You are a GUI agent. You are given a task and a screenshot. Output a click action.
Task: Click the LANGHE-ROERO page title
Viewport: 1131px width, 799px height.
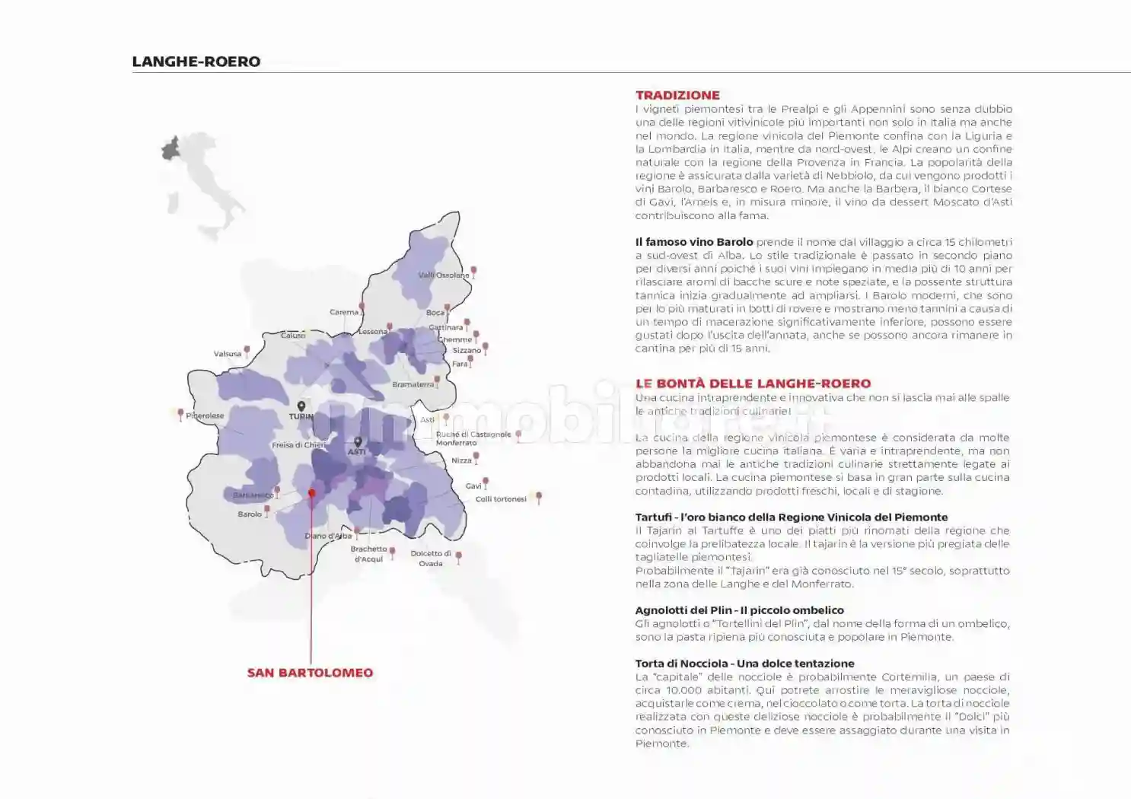click(x=196, y=62)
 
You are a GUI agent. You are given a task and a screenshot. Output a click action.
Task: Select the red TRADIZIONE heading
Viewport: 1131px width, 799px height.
click(x=677, y=95)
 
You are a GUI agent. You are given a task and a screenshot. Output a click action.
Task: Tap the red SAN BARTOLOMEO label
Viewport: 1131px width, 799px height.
click(x=310, y=673)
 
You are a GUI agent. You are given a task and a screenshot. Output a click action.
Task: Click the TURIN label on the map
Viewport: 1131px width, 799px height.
click(x=301, y=416)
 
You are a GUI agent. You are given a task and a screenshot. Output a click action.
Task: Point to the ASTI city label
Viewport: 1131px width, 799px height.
click(x=356, y=451)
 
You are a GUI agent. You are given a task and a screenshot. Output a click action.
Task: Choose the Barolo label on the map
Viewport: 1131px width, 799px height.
click(x=250, y=514)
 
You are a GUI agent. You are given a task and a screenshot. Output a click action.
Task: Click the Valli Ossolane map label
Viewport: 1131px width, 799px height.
click(x=444, y=275)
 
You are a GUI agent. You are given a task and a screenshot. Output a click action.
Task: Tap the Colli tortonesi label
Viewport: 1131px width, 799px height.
click(x=501, y=499)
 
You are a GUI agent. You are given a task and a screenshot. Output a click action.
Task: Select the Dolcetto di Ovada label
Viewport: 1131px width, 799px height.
click(x=431, y=559)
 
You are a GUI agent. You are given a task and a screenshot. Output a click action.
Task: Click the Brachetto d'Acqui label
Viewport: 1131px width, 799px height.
click(x=369, y=554)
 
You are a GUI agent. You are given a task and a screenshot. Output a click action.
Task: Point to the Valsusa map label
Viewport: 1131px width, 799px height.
click(x=228, y=354)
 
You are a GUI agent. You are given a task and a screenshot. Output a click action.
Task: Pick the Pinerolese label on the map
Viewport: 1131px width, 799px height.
click(x=205, y=416)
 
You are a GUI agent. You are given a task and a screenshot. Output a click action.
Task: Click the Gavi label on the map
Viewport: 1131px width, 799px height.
click(x=473, y=486)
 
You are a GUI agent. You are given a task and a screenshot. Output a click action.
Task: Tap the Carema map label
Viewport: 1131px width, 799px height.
click(x=344, y=312)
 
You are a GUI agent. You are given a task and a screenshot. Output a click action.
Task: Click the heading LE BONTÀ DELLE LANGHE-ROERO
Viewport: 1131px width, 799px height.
click(x=753, y=384)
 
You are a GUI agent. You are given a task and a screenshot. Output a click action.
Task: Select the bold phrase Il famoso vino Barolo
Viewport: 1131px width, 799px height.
click(x=694, y=242)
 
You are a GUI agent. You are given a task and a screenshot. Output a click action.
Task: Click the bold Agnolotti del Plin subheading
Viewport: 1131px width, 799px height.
click(x=739, y=610)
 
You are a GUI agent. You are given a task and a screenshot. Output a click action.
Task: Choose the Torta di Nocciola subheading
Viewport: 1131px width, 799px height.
click(x=744, y=664)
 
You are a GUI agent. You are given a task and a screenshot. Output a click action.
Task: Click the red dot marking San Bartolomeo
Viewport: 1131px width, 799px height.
click(x=311, y=493)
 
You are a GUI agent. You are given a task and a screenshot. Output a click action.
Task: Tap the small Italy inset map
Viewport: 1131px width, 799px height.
click(x=202, y=183)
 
